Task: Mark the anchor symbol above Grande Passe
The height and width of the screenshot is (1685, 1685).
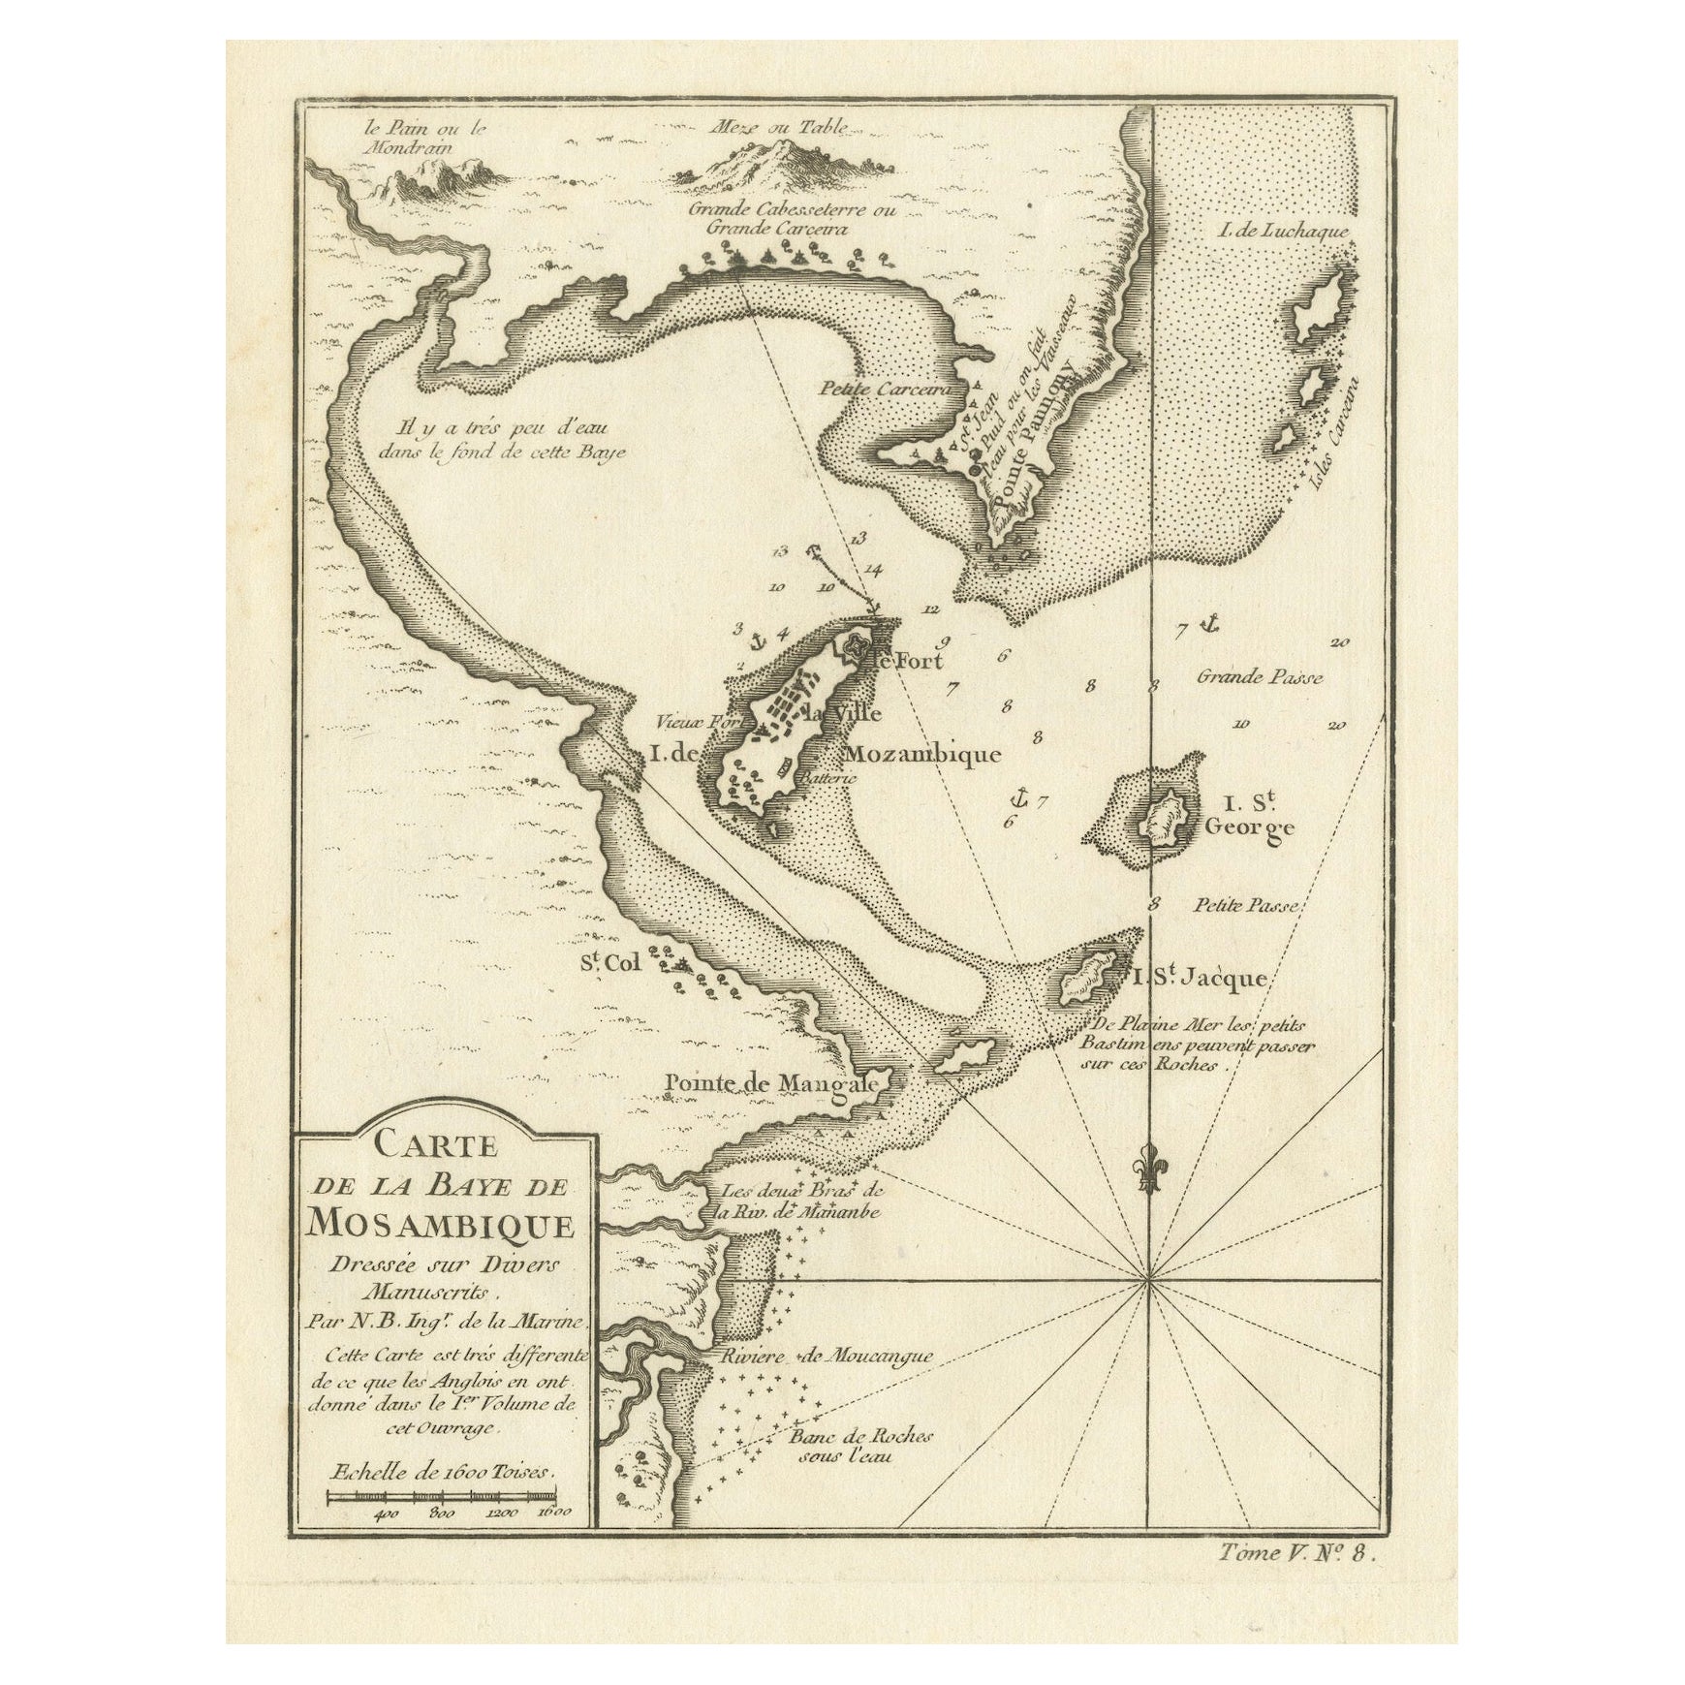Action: (x=1207, y=624)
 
